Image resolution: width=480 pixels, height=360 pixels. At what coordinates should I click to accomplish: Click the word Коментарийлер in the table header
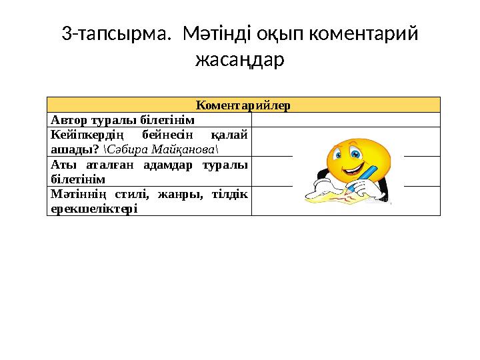(x=243, y=105)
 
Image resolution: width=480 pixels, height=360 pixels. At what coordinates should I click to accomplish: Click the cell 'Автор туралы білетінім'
(x=123, y=120)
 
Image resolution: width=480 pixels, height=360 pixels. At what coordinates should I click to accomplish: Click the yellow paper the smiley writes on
(x=333, y=197)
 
